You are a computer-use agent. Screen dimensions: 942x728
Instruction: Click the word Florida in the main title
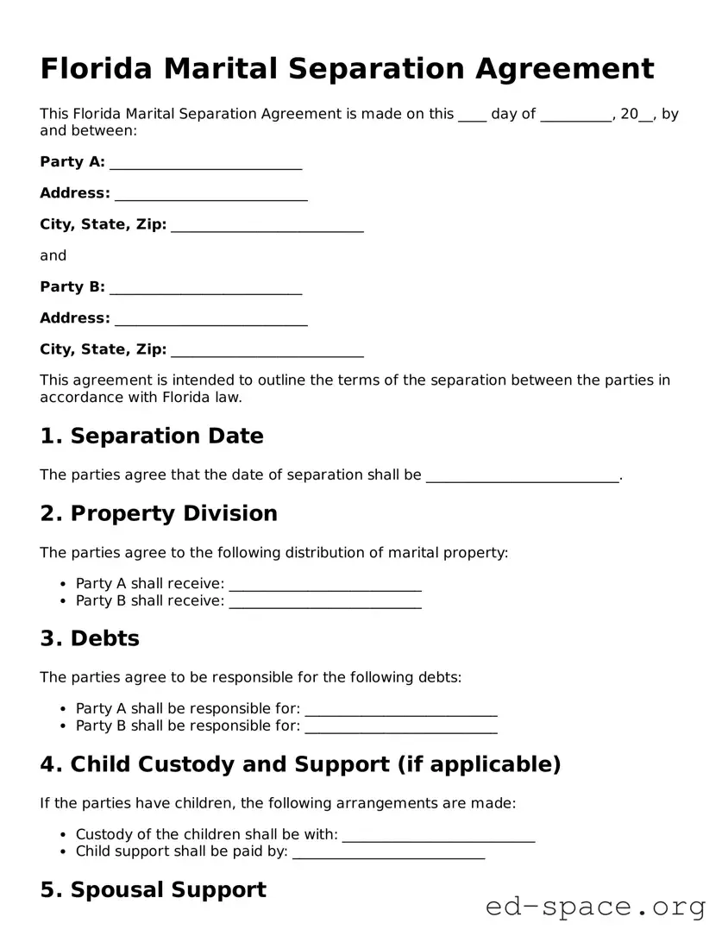point(96,68)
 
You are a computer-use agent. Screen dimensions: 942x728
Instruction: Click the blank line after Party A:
point(205,163)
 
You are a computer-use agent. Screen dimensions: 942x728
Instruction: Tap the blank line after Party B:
point(205,288)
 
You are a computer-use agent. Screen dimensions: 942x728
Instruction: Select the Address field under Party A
point(210,194)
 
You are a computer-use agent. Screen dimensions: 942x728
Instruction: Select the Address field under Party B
point(210,319)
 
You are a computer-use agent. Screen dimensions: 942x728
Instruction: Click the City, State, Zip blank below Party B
point(267,350)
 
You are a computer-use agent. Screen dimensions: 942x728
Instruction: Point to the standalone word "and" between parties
point(53,256)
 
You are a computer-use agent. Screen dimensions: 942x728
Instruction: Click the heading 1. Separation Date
point(152,436)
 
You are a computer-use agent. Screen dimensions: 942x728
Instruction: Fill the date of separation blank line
point(523,475)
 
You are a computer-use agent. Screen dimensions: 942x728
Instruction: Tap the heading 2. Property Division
point(159,514)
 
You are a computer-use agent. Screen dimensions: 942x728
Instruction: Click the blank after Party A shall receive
point(325,585)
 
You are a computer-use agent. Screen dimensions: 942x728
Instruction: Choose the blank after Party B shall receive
point(325,602)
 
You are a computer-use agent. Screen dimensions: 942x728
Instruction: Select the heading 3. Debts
point(90,639)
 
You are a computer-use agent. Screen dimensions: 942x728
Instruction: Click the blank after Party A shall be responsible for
point(401,710)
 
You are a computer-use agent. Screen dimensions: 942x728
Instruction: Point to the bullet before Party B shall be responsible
point(64,727)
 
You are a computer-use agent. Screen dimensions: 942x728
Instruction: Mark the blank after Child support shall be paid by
point(388,852)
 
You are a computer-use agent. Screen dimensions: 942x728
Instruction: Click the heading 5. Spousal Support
point(153,890)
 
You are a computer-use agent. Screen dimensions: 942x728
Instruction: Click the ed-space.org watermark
point(595,907)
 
